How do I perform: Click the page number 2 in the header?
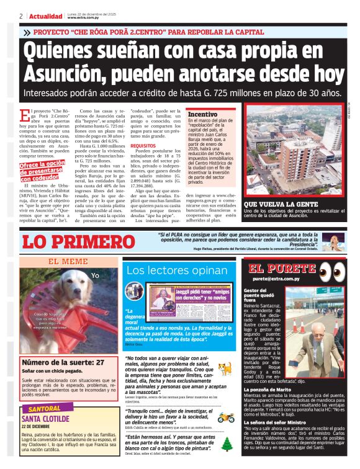(x=21, y=16)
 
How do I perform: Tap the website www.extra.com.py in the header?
(x=84, y=17)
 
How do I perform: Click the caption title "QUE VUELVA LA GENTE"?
(x=277, y=203)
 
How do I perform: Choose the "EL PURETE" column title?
(x=282, y=269)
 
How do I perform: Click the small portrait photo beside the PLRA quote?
(x=333, y=242)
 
